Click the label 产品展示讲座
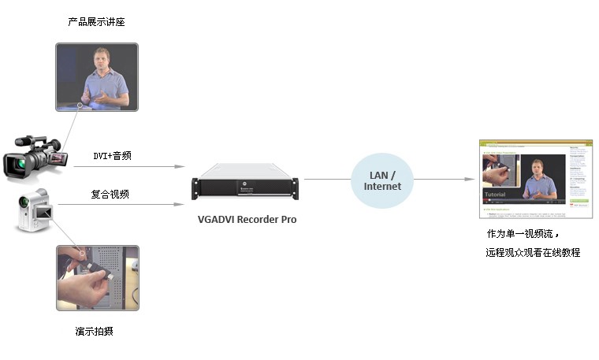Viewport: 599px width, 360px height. click(x=97, y=22)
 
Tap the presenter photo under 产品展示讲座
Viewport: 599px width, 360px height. click(x=97, y=76)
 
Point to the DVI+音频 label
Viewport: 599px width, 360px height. click(x=113, y=156)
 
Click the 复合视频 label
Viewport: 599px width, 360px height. click(x=110, y=194)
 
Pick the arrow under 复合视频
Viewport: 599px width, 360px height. click(x=122, y=206)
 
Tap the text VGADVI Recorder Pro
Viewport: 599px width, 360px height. click(x=247, y=220)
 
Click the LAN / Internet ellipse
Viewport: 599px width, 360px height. click(x=382, y=180)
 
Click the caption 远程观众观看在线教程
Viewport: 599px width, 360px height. click(x=533, y=253)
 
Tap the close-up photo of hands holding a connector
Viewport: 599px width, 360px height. click(x=97, y=277)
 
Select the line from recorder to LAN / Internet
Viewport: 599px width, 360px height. click(x=326, y=180)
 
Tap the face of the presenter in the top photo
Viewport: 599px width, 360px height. click(x=102, y=59)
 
